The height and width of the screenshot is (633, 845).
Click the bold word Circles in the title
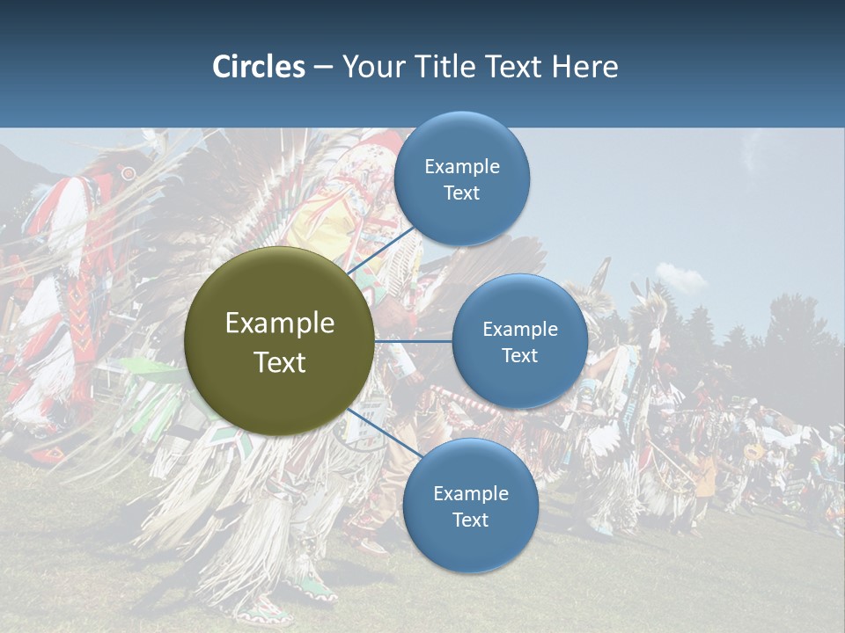(x=258, y=67)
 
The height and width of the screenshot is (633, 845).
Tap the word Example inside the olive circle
(x=280, y=324)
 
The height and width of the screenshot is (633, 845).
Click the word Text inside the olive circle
(x=280, y=362)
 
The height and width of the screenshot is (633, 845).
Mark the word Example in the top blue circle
(x=462, y=167)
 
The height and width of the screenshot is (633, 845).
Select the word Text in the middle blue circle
(x=519, y=356)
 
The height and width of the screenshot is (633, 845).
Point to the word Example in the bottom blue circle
(x=471, y=494)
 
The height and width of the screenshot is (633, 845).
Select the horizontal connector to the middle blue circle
(x=414, y=341)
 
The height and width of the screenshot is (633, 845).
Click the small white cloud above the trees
(x=680, y=278)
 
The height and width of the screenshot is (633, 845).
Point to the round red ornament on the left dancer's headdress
(x=129, y=174)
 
